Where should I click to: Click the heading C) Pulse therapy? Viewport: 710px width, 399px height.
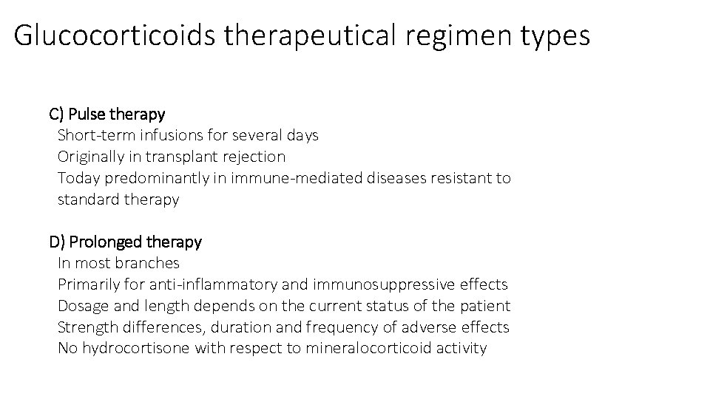coord(107,115)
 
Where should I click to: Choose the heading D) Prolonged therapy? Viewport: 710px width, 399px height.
coord(125,242)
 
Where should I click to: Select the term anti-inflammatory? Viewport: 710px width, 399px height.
coord(213,284)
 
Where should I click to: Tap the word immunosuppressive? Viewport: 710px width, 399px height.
coord(384,284)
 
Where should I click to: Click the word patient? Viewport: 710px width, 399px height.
coord(484,306)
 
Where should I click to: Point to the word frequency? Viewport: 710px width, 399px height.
coord(345,327)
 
